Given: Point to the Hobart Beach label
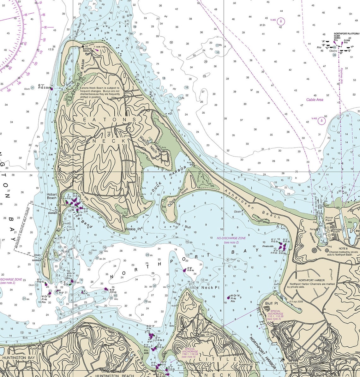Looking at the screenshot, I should click(x=51, y=196).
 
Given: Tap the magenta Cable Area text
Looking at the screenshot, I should click(x=315, y=100).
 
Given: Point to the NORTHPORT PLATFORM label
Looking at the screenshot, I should click(x=346, y=33).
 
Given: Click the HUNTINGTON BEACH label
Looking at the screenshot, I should click(x=115, y=375).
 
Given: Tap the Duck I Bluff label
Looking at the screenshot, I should click(x=183, y=224).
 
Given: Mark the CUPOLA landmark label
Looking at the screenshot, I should click(x=207, y=332).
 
